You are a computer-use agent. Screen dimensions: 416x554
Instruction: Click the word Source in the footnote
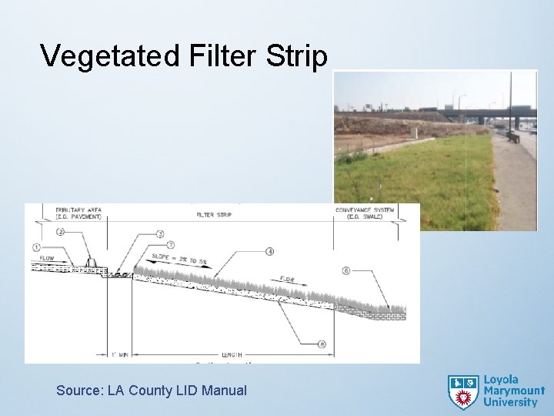pos(78,391)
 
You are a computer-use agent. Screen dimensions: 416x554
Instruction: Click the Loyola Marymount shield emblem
pos(463,391)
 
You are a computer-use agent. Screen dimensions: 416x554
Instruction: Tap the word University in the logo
pos(511,402)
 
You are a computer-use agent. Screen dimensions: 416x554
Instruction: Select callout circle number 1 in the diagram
pos(35,247)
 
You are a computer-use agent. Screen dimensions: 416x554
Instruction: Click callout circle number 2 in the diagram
pos(60,232)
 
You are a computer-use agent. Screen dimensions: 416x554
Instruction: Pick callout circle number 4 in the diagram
pos(270,251)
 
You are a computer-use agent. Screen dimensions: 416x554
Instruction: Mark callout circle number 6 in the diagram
pos(346,270)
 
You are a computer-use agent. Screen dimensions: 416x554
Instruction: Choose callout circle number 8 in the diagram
pos(322,344)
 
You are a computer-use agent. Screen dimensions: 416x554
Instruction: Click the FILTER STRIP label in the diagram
pos(215,216)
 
